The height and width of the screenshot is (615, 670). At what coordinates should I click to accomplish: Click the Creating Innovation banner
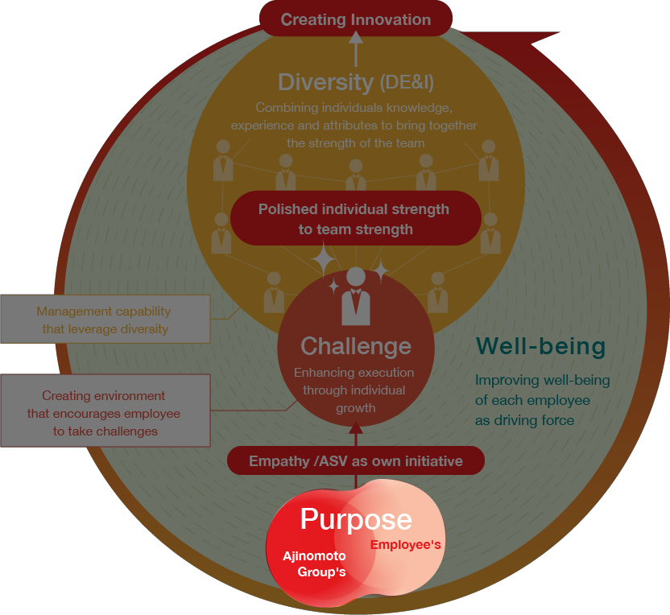click(x=356, y=19)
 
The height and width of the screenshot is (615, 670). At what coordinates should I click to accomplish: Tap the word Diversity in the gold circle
click(x=325, y=81)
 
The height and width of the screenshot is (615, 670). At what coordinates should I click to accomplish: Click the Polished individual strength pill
click(x=354, y=219)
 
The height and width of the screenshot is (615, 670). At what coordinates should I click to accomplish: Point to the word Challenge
click(x=356, y=346)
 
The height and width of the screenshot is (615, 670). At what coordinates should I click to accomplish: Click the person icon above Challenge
click(x=356, y=295)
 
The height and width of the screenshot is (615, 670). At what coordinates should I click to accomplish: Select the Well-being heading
click(x=540, y=346)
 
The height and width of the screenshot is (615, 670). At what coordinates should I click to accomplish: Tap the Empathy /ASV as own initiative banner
click(x=356, y=461)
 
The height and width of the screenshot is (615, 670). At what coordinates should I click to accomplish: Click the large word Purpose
click(x=356, y=519)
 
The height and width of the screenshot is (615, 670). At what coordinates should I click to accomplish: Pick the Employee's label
click(x=405, y=545)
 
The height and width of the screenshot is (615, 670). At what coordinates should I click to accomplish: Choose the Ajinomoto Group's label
click(x=314, y=563)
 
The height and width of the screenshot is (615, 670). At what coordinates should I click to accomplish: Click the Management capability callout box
click(x=104, y=320)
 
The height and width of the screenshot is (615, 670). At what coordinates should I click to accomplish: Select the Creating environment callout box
click(x=104, y=413)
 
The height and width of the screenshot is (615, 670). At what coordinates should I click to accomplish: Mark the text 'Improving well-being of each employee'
click(x=542, y=390)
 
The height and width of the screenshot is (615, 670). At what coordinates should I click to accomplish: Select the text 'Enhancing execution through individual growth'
click(x=354, y=390)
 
